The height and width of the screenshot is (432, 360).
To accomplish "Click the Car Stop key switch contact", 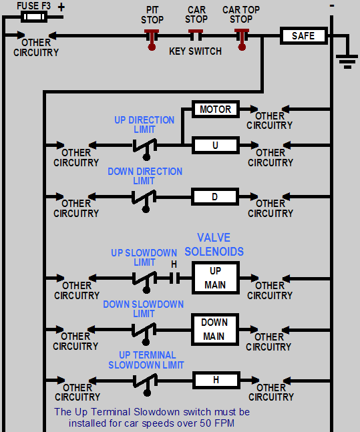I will [196, 35].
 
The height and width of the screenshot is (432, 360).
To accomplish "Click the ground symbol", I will [347, 61].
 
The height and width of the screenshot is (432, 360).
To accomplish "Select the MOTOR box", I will [215, 109].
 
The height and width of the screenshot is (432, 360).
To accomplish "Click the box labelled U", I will [215, 145].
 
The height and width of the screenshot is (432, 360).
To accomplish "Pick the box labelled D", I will [214, 197].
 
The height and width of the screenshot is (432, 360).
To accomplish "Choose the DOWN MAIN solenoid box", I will [214, 329].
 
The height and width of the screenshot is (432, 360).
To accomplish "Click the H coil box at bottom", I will [215, 381].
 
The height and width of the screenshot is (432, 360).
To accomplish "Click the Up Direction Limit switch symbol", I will [144, 145].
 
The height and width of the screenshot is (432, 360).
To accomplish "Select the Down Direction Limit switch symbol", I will [144, 197].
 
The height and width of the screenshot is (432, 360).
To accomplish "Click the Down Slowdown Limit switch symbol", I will [144, 330].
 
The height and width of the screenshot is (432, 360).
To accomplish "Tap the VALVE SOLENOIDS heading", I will [214, 244].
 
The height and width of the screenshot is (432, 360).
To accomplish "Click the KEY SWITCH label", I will [195, 51].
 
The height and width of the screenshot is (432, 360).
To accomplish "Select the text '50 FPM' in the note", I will [215, 423].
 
